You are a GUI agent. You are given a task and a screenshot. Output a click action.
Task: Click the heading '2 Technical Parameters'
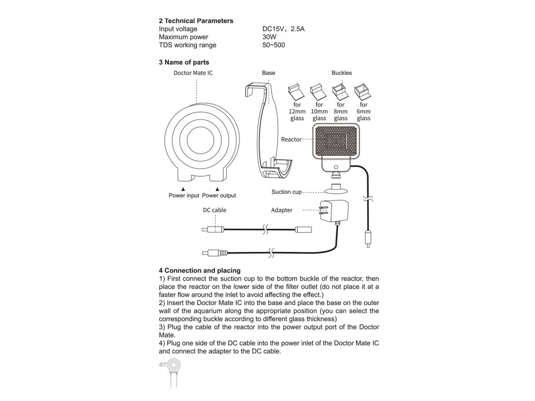[196, 21]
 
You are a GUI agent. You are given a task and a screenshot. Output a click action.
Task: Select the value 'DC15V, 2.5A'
[283, 29]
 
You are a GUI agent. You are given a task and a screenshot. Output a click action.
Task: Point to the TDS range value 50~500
[274, 45]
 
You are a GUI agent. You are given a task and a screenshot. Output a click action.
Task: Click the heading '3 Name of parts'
[184, 62]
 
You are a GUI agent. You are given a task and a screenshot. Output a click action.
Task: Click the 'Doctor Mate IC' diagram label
[193, 73]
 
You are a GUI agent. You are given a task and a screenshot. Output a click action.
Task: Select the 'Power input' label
[184, 196]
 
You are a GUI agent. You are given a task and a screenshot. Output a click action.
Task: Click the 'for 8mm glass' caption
[341, 112]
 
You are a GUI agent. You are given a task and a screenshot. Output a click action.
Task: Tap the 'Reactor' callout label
[291, 140]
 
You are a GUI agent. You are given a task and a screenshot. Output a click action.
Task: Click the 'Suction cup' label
[286, 192]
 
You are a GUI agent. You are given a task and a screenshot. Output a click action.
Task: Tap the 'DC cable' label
[215, 210]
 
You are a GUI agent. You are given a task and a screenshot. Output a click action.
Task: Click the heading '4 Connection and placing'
[200, 270]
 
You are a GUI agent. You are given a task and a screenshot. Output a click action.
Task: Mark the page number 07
[162, 364]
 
